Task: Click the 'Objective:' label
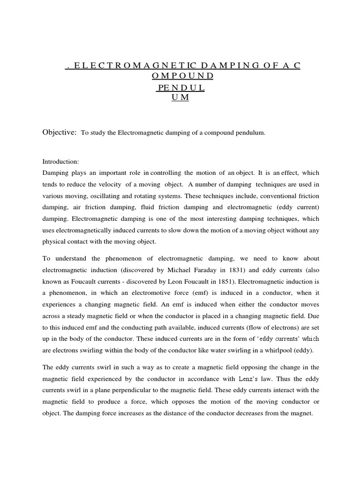coord(60,133)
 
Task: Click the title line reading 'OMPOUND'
coord(182,76)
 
